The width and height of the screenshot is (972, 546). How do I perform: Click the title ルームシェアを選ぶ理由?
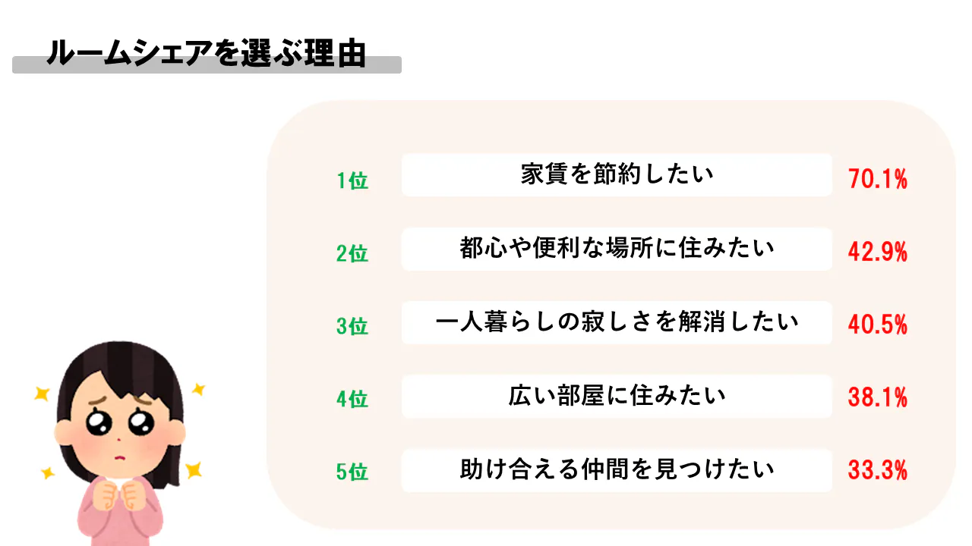[207, 54]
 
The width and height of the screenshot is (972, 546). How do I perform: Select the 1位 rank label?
[352, 180]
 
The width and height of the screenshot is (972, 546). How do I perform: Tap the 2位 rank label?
[352, 253]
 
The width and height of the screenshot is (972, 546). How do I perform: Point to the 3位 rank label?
[352, 326]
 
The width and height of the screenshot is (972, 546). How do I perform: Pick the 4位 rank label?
[352, 399]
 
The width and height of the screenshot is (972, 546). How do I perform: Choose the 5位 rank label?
[352, 472]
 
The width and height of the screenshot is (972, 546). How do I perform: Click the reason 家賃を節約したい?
[617, 175]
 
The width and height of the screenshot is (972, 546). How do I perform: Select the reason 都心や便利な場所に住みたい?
[617, 248]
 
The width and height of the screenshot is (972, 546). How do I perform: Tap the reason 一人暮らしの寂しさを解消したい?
[617, 322]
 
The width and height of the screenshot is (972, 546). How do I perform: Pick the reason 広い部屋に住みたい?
[617, 395]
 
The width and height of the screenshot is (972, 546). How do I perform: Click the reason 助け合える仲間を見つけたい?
[617, 469]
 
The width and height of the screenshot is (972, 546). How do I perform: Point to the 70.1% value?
[878, 180]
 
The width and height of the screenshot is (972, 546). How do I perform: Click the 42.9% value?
[878, 253]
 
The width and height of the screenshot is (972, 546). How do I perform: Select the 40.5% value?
[878, 326]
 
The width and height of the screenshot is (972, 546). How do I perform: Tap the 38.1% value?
[878, 399]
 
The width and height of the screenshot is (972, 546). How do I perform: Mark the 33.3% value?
[878, 472]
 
